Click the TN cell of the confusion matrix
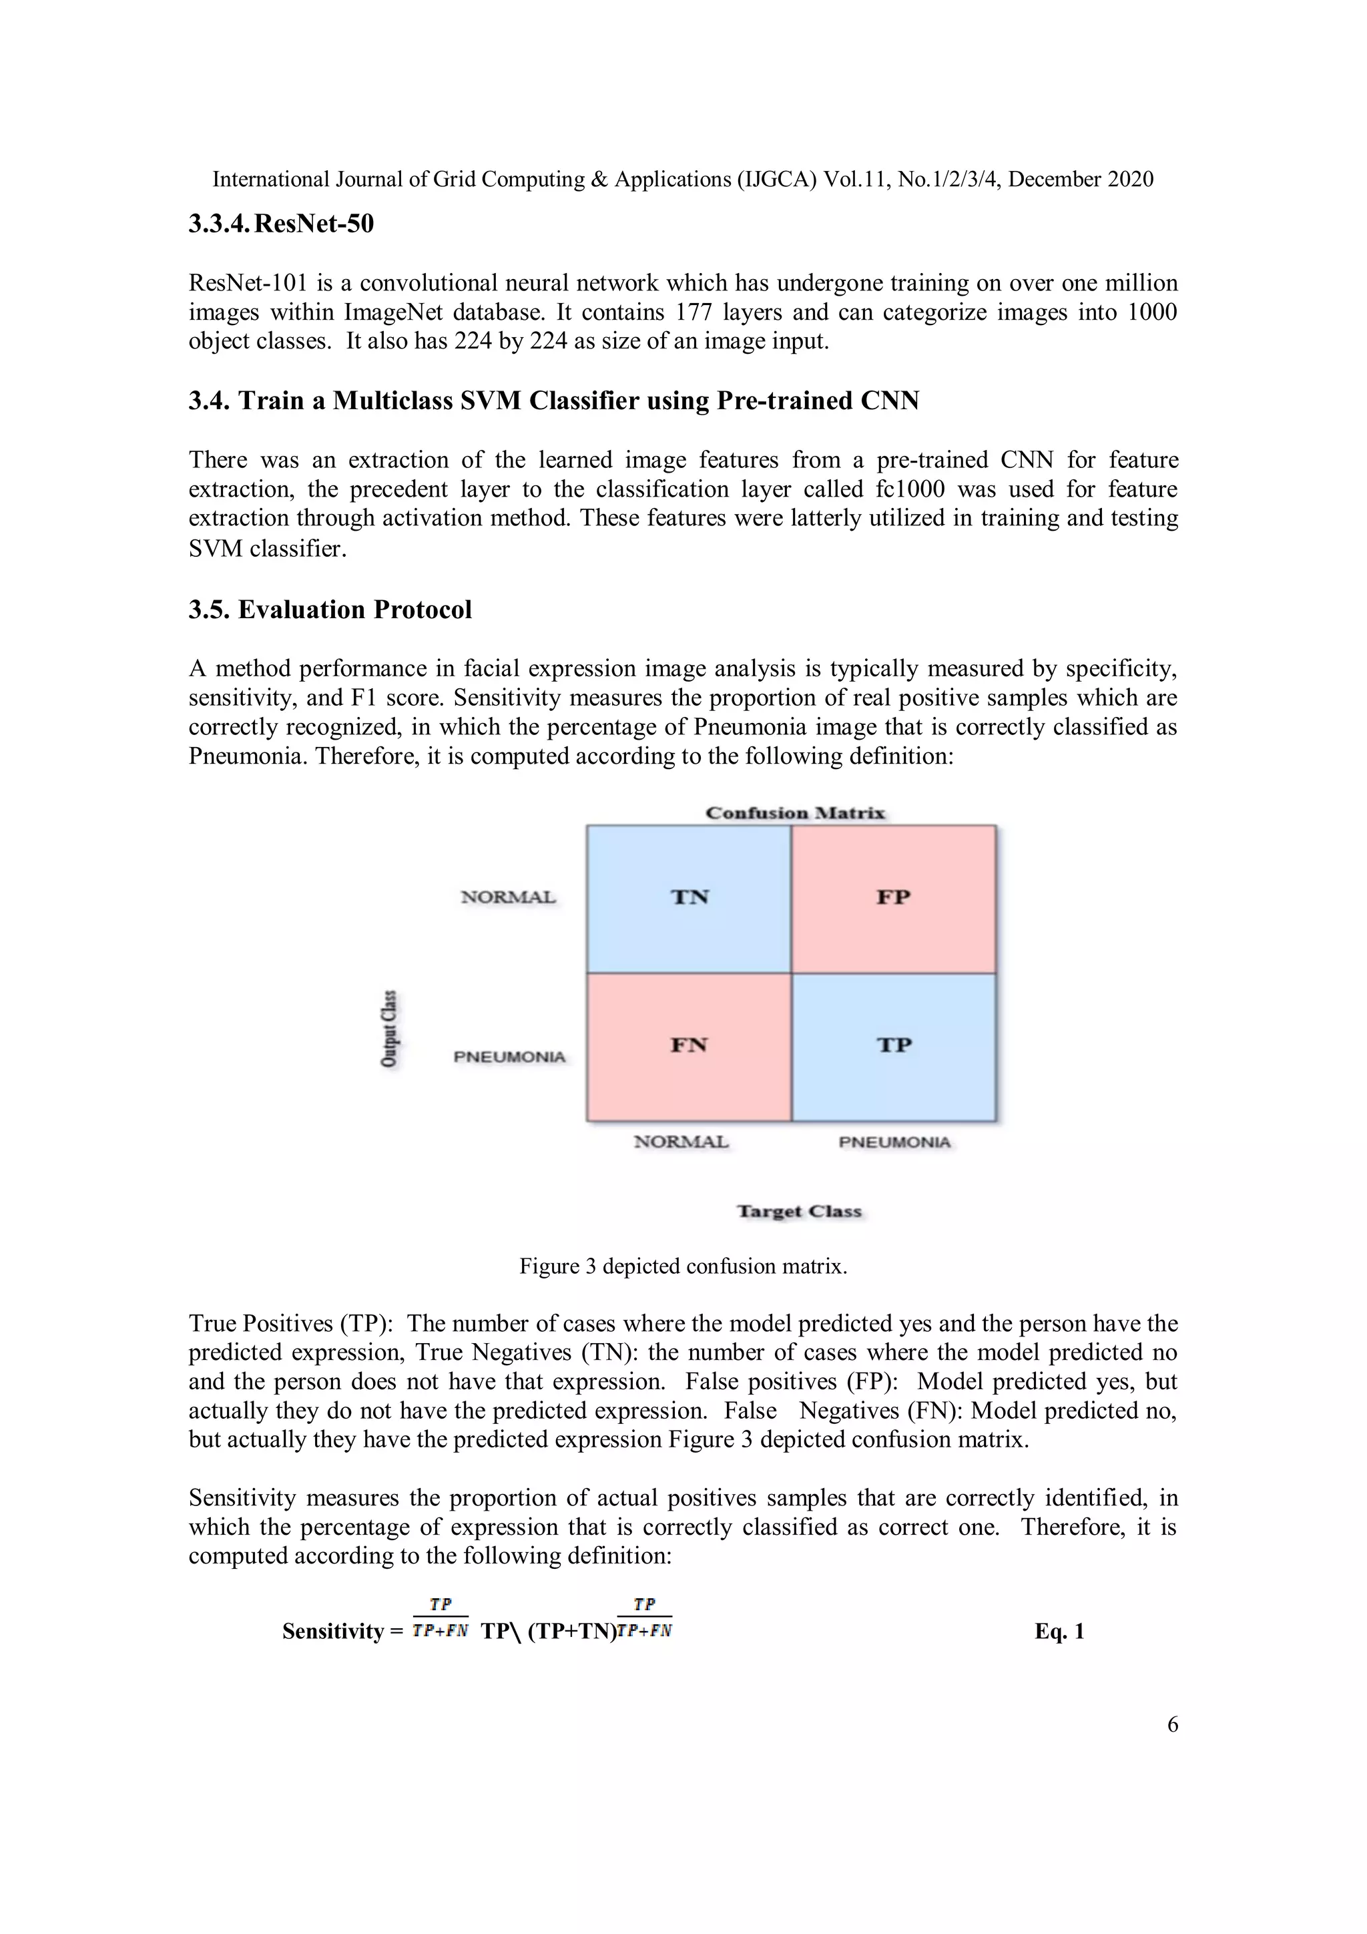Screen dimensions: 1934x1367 tap(689, 898)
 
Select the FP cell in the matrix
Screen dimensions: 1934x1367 tap(894, 898)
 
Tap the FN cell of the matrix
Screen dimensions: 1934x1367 tap(689, 1046)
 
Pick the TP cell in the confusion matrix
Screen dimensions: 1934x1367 tap(894, 1046)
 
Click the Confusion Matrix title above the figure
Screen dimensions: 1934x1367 tap(795, 813)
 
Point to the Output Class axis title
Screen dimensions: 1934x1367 tap(388, 1029)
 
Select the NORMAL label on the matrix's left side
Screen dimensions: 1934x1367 tap(508, 897)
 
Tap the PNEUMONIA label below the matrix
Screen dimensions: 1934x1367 tap(894, 1142)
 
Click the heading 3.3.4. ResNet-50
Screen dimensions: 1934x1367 tap(280, 224)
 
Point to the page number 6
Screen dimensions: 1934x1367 tap(1173, 1724)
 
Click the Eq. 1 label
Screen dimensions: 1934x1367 tap(1059, 1632)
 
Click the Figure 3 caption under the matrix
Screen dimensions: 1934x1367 tap(683, 1266)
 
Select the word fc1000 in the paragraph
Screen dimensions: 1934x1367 tap(910, 489)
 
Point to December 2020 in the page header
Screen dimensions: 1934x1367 tap(1081, 180)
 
